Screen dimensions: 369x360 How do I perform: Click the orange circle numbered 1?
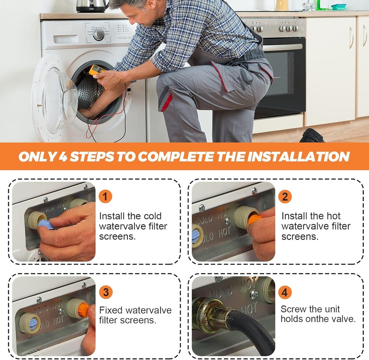105,196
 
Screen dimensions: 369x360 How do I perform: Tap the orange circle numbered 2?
285,196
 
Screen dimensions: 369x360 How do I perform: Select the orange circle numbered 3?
106,292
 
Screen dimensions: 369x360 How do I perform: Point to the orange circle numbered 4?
285,292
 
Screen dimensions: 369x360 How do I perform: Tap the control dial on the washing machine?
99,35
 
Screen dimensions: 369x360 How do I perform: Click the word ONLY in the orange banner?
37,157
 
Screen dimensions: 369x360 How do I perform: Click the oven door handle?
282,47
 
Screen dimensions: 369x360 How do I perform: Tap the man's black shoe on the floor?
312,136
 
